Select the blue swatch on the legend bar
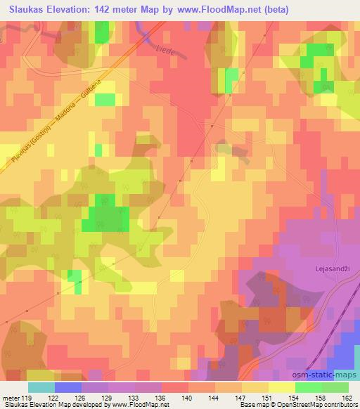coord(68,387)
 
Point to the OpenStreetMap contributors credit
coord(320,405)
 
